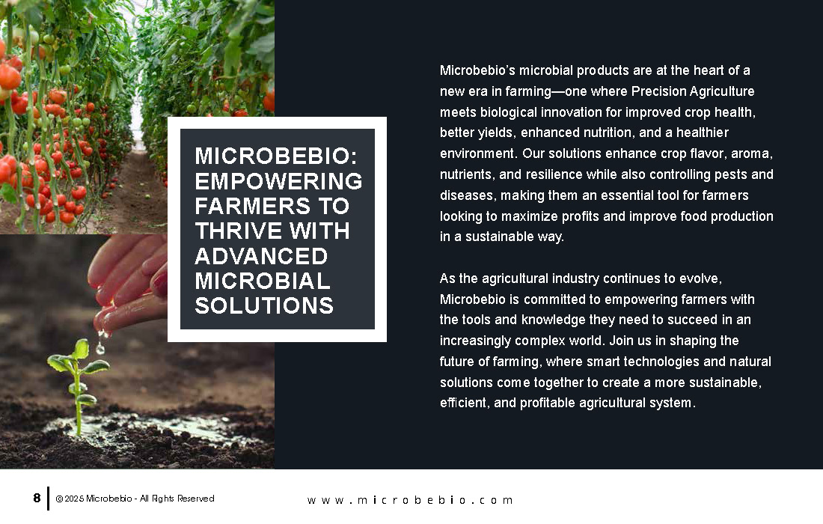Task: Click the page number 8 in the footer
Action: (x=37, y=498)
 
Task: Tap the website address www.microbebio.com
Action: (x=410, y=500)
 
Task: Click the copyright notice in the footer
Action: (x=135, y=499)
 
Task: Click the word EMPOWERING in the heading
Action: (x=278, y=181)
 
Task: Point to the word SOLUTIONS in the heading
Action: (x=264, y=305)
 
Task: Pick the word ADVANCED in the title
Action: (x=261, y=256)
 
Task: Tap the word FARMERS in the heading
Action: (x=252, y=206)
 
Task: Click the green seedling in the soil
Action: (x=78, y=383)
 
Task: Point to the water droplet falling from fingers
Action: (x=100, y=347)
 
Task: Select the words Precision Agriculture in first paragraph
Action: (x=692, y=91)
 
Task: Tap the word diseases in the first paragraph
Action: (x=467, y=195)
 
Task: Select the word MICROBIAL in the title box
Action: (x=263, y=281)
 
